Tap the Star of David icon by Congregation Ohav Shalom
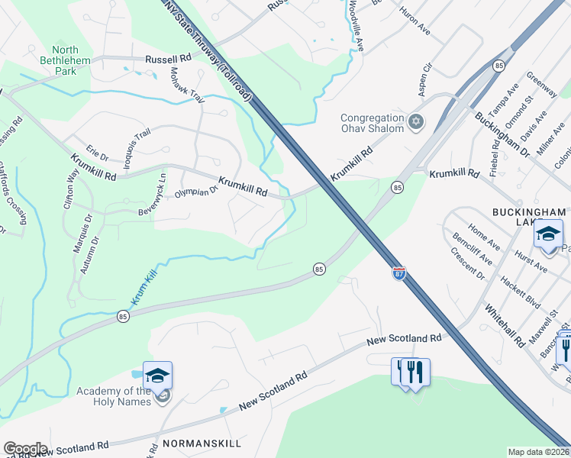(x=416, y=122)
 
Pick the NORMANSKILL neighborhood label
(x=202, y=443)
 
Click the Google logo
(x=25, y=449)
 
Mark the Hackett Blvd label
(x=520, y=292)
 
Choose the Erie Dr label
(x=98, y=152)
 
